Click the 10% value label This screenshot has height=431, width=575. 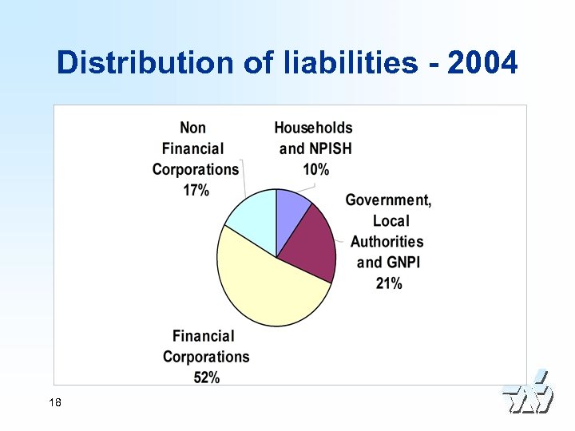[315, 168]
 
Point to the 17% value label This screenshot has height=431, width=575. [196, 190]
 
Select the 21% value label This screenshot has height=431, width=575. [389, 283]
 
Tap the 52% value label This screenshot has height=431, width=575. [206, 378]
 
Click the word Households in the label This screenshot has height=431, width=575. [313, 128]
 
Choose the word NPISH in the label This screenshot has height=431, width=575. [327, 148]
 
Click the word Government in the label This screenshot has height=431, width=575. [387, 200]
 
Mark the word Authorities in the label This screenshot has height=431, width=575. [387, 242]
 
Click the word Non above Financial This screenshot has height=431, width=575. [192, 128]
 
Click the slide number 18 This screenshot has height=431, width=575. [55, 402]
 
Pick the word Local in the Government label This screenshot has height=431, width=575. [391, 221]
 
